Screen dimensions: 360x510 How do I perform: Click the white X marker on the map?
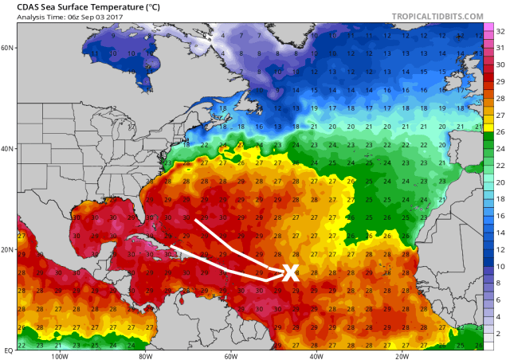click(x=290, y=272)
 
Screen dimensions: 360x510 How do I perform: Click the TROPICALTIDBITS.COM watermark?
click(x=436, y=16)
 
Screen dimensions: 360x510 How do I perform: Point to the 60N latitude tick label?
click(x=8, y=48)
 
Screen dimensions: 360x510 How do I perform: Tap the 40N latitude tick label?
click(x=8, y=149)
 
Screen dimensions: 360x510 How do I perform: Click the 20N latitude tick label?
click(x=8, y=249)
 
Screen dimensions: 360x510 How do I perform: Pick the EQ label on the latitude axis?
click(x=7, y=349)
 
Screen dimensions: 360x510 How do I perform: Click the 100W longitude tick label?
click(x=58, y=356)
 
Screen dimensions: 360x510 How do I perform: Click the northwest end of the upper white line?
click(x=196, y=219)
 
